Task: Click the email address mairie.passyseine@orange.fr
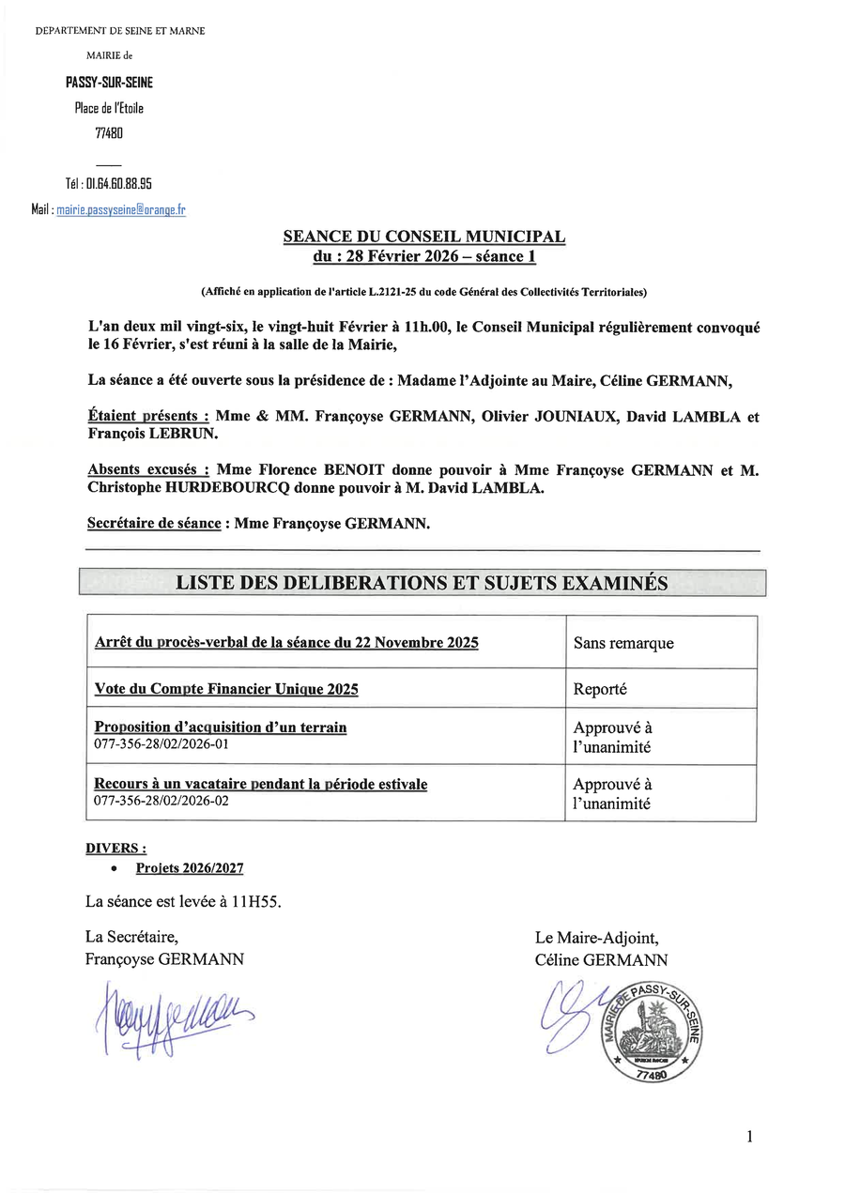(x=121, y=210)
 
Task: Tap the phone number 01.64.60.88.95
(x=119, y=184)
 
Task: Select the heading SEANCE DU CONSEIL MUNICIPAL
(x=423, y=237)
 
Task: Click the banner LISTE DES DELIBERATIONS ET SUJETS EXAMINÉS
(x=422, y=583)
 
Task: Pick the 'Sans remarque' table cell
(x=622, y=643)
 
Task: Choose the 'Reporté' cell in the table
(x=600, y=689)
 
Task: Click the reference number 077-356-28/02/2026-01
(x=161, y=744)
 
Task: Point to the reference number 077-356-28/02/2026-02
(x=161, y=802)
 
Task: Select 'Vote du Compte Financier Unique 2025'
(x=226, y=689)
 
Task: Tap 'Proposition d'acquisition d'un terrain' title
(x=221, y=727)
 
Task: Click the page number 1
(x=749, y=1137)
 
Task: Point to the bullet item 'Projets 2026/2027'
(x=189, y=869)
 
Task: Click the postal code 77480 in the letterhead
(x=109, y=133)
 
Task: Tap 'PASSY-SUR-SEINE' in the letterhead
(x=109, y=83)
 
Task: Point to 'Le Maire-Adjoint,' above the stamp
(x=596, y=938)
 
